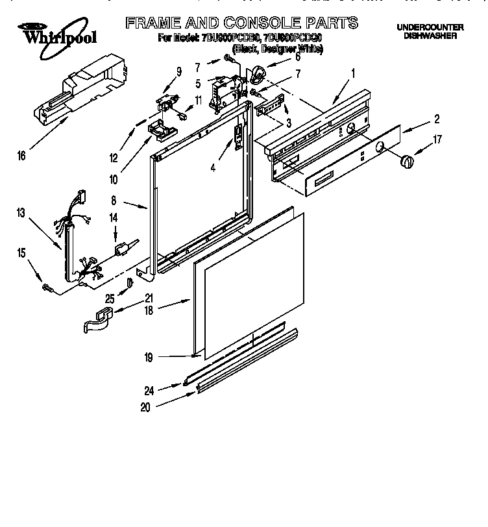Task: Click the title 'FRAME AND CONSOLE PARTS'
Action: [241, 23]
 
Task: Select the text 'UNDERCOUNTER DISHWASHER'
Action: [429, 32]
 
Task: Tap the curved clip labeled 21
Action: [95, 319]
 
